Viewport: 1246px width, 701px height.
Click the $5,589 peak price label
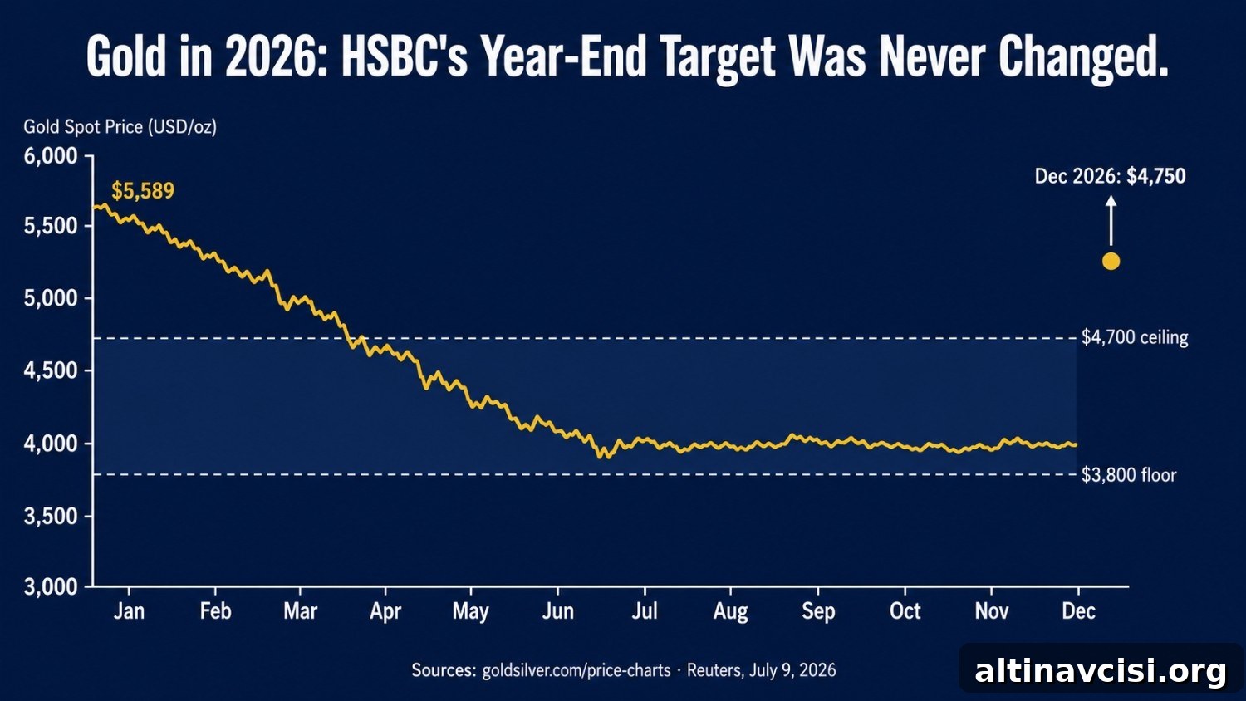[143, 191]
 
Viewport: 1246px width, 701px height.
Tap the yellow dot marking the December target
[1111, 261]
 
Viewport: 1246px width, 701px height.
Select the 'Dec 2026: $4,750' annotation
[1111, 176]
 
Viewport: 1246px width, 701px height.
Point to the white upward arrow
[1111, 220]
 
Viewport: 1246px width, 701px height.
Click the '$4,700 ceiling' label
[1135, 337]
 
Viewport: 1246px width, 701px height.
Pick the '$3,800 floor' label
[1129, 474]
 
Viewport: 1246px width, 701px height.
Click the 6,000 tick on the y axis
[51, 156]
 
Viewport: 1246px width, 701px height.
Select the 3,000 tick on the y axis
[51, 587]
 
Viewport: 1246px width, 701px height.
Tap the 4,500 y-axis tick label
[51, 370]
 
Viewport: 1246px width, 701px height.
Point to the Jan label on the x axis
[129, 611]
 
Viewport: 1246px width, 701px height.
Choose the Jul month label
[645, 611]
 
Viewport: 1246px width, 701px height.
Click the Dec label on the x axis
[1078, 611]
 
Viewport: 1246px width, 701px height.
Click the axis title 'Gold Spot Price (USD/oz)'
[120, 127]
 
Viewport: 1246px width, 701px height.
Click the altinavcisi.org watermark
[1101, 672]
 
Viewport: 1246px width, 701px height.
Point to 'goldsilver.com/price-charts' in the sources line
[576, 670]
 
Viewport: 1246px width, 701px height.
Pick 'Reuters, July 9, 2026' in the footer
[762, 670]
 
